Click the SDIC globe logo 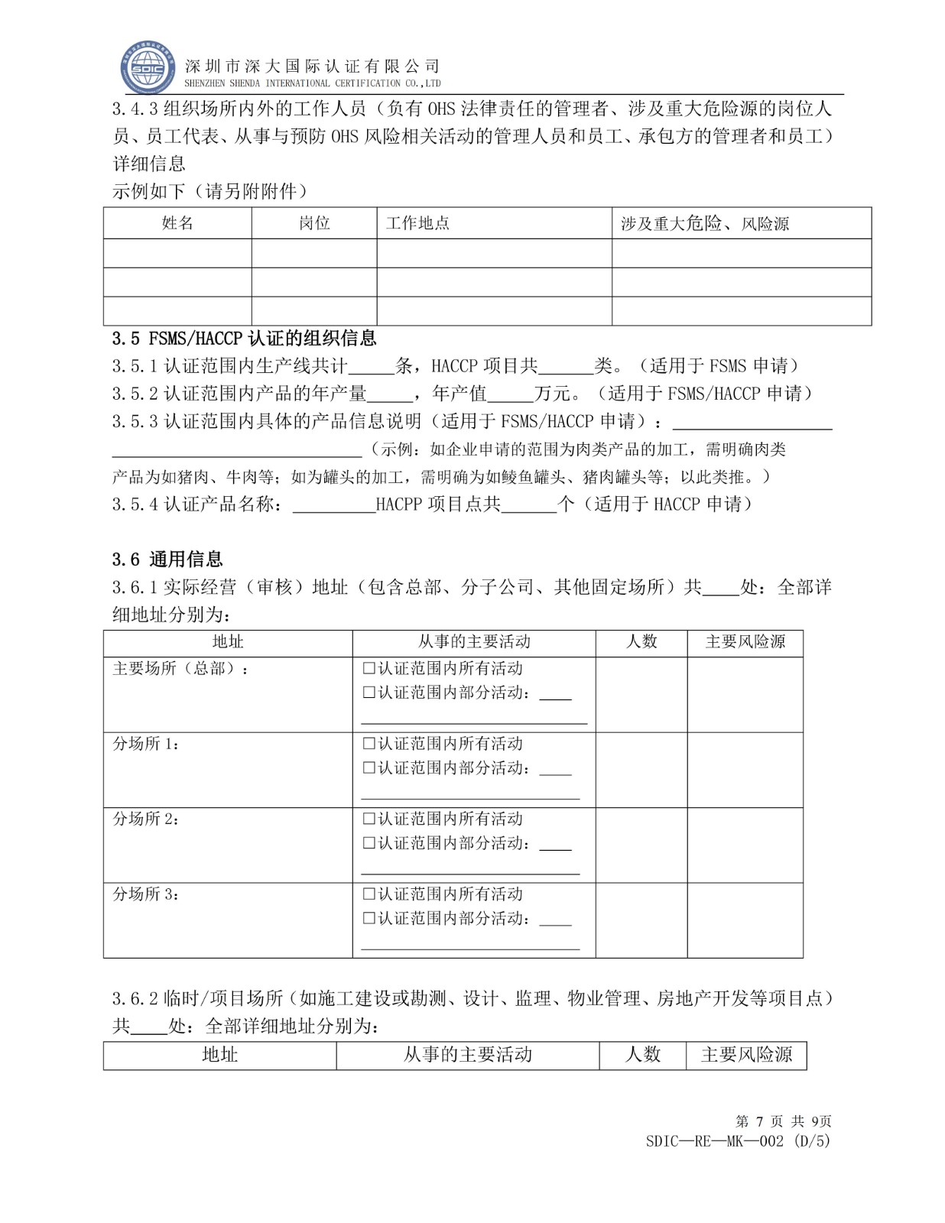click(x=148, y=67)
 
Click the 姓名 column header click(x=177, y=223)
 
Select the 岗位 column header click(x=314, y=223)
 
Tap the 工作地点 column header click(x=417, y=223)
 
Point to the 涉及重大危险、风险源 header click(x=704, y=223)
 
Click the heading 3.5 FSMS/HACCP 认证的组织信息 click(x=244, y=338)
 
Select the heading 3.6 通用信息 click(x=167, y=559)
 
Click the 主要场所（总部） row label click(x=180, y=669)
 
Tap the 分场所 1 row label click(x=147, y=744)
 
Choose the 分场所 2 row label click(x=147, y=819)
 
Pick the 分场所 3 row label click(x=147, y=894)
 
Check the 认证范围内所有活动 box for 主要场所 click(x=369, y=669)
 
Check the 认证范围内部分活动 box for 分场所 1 click(x=369, y=767)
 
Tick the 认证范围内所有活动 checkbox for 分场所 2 click(x=369, y=819)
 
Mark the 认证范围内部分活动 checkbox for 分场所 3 click(x=369, y=918)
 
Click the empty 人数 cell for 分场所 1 click(x=641, y=770)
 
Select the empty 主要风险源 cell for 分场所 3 click(x=745, y=920)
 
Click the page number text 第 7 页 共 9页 click(x=783, y=1121)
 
